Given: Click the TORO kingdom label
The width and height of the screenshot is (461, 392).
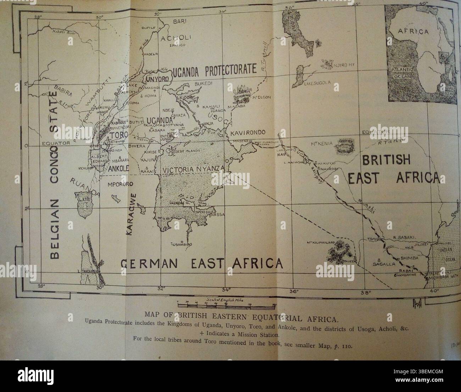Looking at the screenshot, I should click(x=119, y=136).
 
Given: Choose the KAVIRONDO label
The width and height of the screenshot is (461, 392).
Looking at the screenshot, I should click(x=248, y=133).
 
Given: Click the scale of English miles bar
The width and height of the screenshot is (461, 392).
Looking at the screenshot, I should click(x=226, y=304).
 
